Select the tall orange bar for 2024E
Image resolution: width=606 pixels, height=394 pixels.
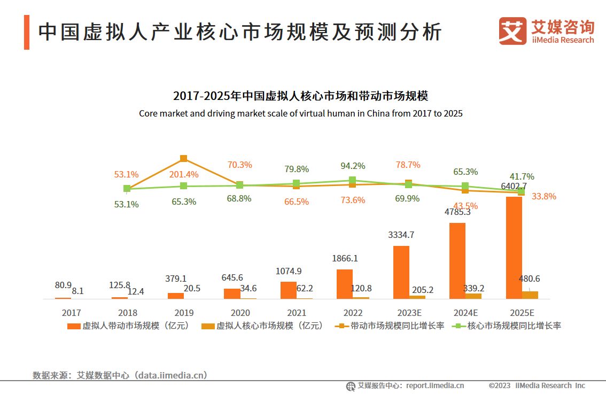(457, 260)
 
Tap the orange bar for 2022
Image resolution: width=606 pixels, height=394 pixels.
(344, 283)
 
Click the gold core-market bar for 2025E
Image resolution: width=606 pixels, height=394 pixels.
(530, 295)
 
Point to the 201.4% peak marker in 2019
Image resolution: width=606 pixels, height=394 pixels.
(183, 158)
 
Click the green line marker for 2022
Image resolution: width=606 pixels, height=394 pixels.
(352, 180)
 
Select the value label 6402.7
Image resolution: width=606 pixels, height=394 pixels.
(514, 186)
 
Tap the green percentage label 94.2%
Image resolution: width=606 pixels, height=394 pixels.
(353, 166)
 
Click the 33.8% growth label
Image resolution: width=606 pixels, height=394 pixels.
(543, 196)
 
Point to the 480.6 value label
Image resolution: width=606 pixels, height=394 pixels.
(529, 279)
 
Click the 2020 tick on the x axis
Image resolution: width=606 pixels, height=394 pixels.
(240, 313)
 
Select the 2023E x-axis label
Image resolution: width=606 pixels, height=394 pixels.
(409, 313)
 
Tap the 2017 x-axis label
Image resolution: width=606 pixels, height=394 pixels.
(71, 313)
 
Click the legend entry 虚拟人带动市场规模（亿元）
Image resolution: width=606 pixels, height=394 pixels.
(128, 326)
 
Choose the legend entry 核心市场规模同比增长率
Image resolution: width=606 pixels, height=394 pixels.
(507, 326)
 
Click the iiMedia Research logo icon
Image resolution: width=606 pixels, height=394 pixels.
(512, 31)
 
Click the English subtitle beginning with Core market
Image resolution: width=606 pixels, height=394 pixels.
(300, 113)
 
